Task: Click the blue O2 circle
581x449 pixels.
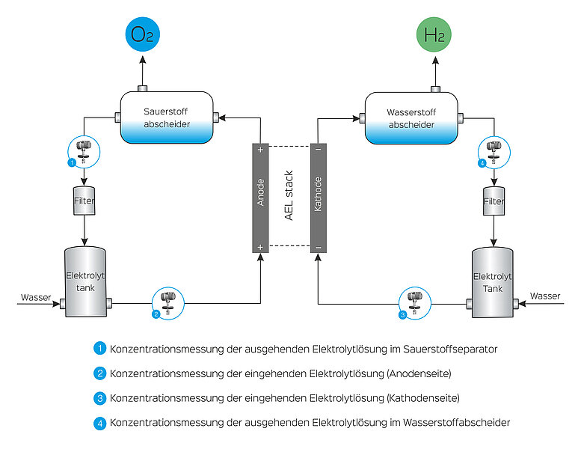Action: pos(143,34)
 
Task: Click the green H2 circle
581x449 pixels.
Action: pos(434,34)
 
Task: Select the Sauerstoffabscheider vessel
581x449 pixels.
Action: pos(167,117)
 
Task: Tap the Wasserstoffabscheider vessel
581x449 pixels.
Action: pos(411,118)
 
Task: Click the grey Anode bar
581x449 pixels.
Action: pos(260,198)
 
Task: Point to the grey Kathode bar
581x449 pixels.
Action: pos(319,198)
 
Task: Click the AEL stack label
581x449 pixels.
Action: pos(289,195)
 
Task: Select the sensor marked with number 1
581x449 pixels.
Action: pos(84,152)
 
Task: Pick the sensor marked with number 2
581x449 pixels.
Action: pos(167,303)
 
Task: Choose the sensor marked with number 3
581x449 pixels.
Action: pos(415,303)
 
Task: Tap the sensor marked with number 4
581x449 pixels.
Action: pos(494,153)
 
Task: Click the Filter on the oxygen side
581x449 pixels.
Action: pos(84,201)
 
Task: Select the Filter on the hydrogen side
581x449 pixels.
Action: pos(494,201)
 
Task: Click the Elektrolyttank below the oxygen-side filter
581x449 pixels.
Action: pos(85,282)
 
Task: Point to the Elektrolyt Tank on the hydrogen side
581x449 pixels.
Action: pos(493,283)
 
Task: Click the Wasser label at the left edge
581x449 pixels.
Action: pos(36,297)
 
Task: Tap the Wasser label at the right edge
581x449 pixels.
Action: pos(545,296)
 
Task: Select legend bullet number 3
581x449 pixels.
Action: pos(99,398)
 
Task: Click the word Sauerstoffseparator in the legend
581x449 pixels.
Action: pos(450,349)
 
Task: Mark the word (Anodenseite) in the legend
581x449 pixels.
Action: pos(419,373)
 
